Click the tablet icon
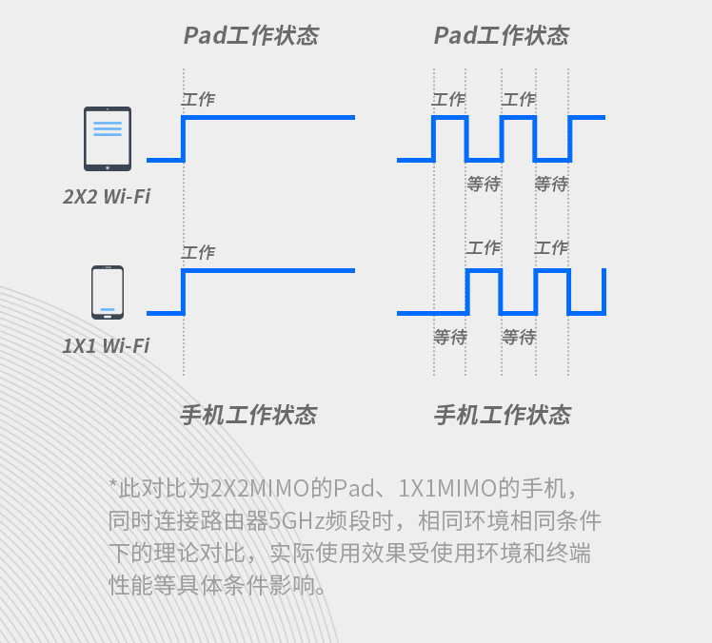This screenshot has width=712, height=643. [x=108, y=139]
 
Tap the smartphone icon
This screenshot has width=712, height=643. [x=108, y=293]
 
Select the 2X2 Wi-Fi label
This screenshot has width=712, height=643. [x=107, y=197]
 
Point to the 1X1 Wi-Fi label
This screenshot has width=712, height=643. [x=106, y=346]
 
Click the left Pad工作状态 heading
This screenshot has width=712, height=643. [x=251, y=35]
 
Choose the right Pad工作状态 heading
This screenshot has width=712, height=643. [x=502, y=35]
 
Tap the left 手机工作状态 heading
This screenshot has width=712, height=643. [x=248, y=415]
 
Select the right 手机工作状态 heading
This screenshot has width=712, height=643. [x=503, y=415]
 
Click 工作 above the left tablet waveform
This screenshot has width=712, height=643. [x=198, y=99]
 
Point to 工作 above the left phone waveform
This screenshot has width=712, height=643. [x=198, y=252]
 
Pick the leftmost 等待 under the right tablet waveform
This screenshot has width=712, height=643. [x=485, y=185]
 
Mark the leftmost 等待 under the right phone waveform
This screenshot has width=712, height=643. [x=450, y=337]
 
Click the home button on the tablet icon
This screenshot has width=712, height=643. [x=108, y=167]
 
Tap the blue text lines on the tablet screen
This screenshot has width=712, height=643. [x=108, y=128]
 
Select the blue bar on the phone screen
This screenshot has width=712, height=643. [x=108, y=309]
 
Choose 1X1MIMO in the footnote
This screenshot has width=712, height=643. [x=447, y=489]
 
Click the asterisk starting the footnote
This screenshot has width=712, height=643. [x=113, y=484]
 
